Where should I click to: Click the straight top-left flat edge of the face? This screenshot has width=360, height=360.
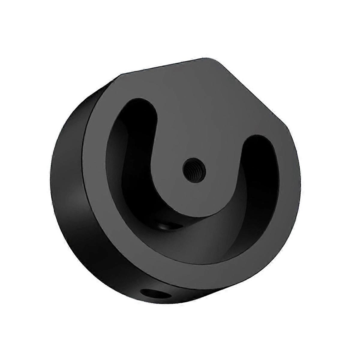tap(168, 66)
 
